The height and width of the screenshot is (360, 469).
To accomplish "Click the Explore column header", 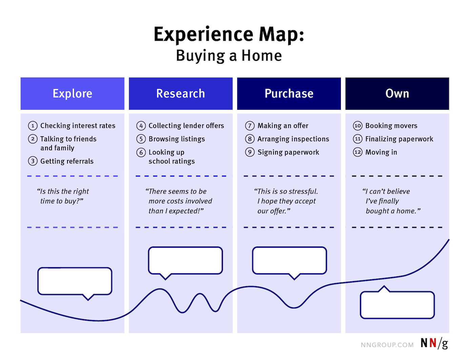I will (x=72, y=94).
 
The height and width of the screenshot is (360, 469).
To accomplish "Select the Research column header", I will (x=181, y=94).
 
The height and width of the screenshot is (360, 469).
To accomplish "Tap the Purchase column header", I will (x=289, y=94).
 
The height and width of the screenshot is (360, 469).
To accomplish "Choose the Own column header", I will (x=397, y=94).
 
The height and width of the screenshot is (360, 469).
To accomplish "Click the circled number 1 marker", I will (x=33, y=126).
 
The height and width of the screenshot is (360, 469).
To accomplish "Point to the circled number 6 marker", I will (x=141, y=153).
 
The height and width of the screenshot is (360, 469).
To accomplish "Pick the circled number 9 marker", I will (x=250, y=152).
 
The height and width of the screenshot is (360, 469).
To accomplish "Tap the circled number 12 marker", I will (x=358, y=152).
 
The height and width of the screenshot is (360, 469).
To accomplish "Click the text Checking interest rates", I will (x=78, y=126).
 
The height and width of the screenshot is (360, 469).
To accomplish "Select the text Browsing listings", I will (x=177, y=139).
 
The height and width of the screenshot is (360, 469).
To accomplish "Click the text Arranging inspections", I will (x=293, y=139).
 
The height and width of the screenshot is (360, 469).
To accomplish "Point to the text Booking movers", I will (x=391, y=126).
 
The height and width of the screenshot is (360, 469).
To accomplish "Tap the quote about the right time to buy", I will (x=63, y=196).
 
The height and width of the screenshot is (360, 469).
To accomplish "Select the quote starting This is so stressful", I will (x=286, y=201).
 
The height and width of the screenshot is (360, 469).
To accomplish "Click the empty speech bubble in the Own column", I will (x=397, y=305).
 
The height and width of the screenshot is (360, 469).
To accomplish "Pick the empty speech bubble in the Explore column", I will (x=75, y=281).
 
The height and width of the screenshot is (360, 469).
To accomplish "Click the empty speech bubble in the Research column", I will (x=185, y=260).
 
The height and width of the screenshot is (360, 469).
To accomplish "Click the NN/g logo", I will (x=434, y=343).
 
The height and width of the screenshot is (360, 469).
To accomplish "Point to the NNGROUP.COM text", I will (x=387, y=345).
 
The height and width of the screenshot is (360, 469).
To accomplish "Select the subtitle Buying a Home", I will (x=229, y=56).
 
